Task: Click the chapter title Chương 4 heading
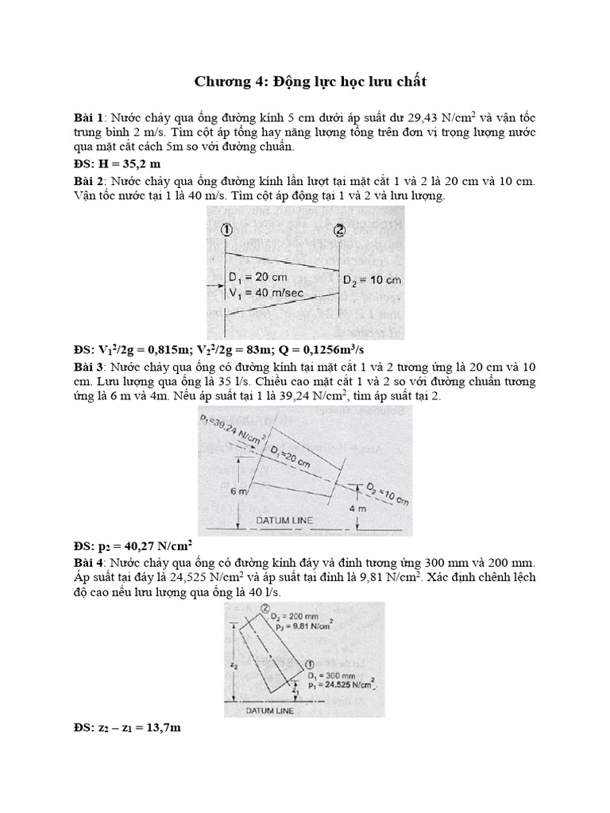tap(305, 82)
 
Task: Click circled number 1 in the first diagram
tap(226, 230)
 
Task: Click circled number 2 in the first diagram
tap(340, 230)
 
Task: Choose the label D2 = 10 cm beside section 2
tap(372, 280)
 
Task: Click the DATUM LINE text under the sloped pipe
tap(284, 521)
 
